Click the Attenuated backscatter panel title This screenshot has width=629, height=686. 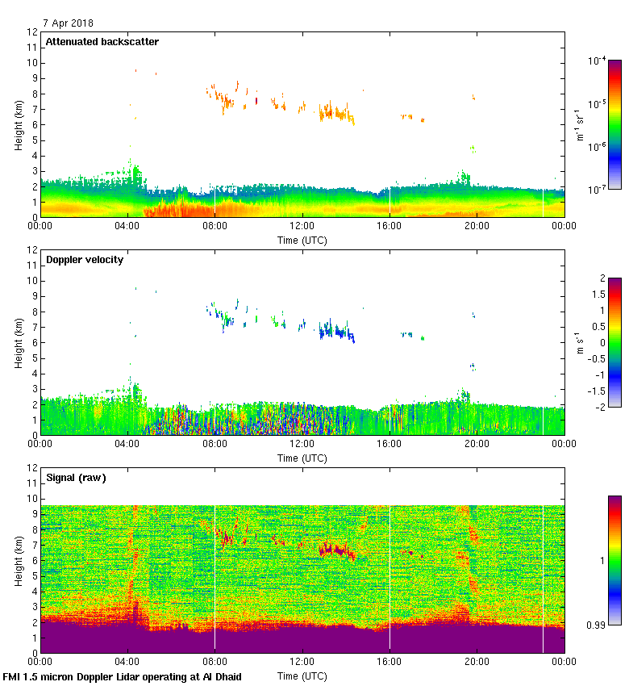[102, 42]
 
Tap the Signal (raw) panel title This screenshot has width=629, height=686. [77, 478]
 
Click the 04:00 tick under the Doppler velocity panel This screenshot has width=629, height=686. [127, 443]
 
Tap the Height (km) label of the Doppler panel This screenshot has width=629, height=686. [17, 342]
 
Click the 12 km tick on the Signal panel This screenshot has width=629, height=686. [31, 468]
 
